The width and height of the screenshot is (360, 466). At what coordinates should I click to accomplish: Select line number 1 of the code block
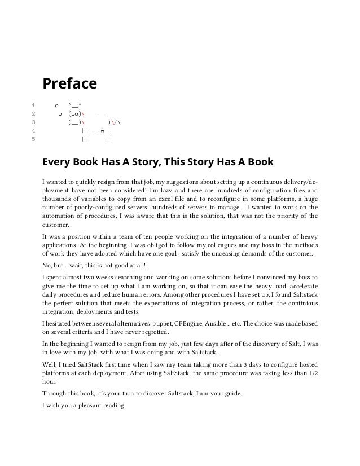[34, 105]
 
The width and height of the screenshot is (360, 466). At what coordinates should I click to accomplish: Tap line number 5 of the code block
[34, 137]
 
